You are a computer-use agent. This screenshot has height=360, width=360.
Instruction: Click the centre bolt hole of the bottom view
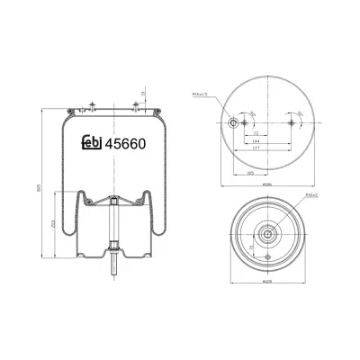(x=267, y=234)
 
